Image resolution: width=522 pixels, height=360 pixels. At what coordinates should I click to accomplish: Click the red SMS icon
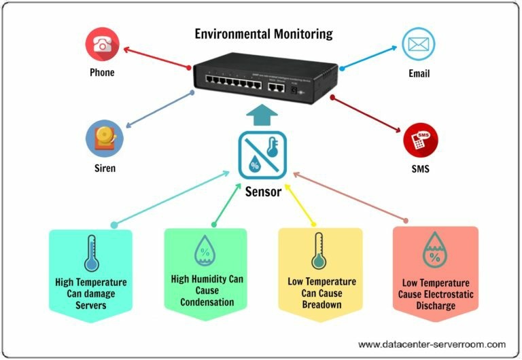pyautogui.click(x=420, y=141)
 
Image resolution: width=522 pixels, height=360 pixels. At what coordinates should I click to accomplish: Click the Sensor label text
pyautogui.click(x=263, y=192)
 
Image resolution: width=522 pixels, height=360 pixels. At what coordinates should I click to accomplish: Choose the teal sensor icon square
pyautogui.click(x=262, y=155)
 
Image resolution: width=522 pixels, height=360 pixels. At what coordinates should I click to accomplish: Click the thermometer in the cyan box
pyautogui.click(x=90, y=254)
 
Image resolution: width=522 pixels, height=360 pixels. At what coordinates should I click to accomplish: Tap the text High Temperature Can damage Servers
pyautogui.click(x=90, y=293)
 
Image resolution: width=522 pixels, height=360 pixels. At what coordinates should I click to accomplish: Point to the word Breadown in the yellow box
pyautogui.click(x=319, y=304)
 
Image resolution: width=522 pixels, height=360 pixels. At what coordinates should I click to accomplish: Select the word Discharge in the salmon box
pyautogui.click(x=435, y=305)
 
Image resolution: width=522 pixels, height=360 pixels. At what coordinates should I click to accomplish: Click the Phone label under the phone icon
pyautogui.click(x=102, y=73)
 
